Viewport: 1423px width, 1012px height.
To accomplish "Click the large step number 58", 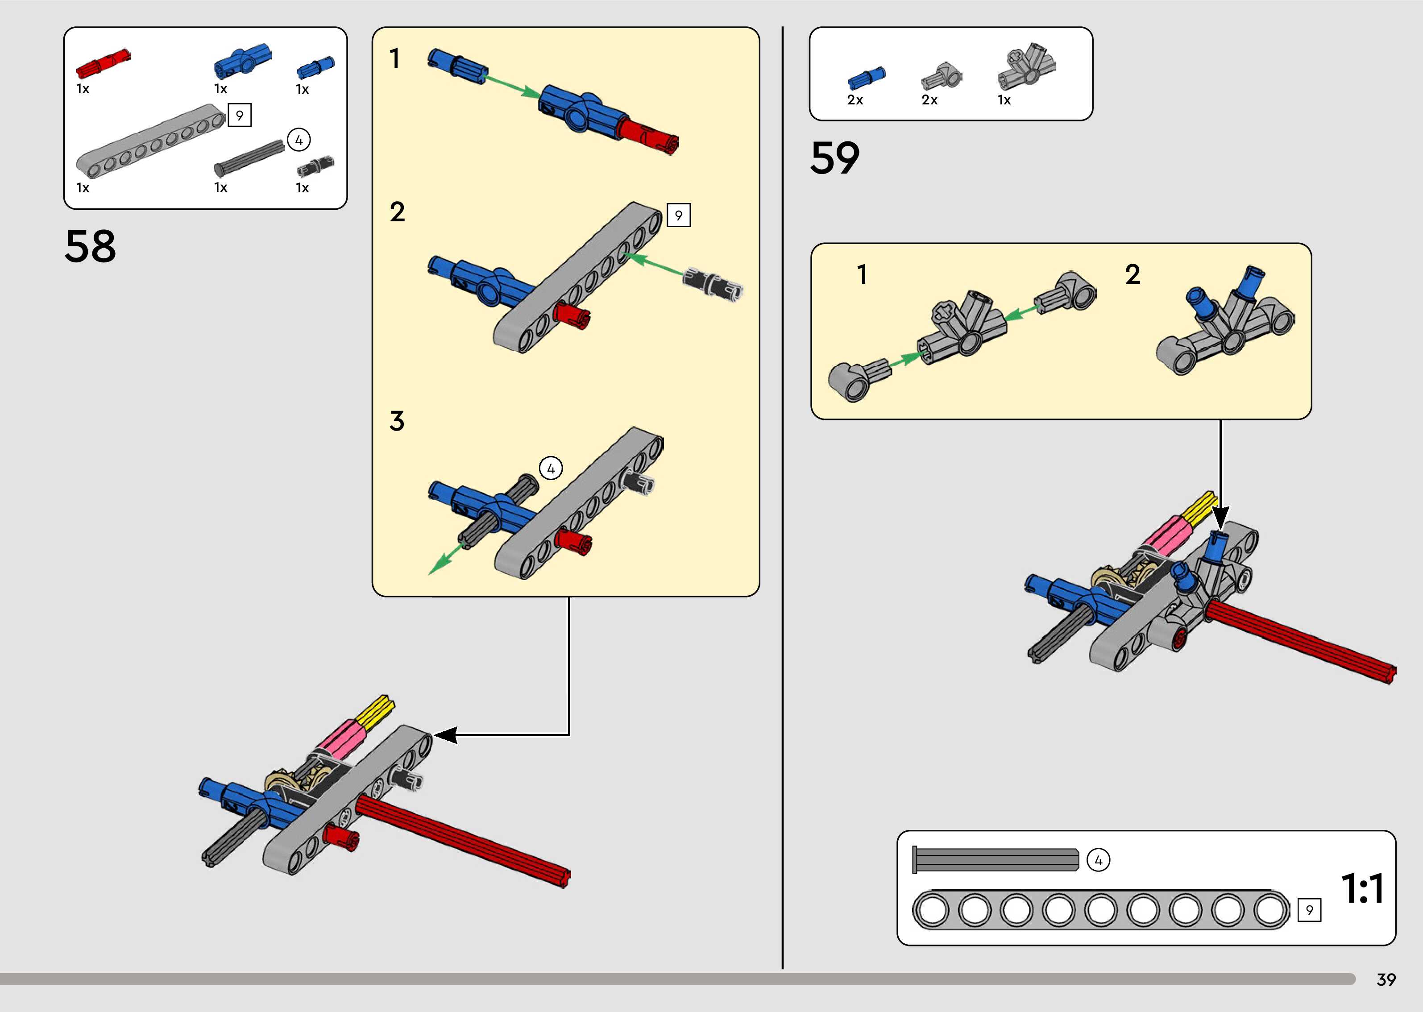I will coord(90,246).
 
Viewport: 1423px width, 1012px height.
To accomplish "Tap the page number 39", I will coord(1386,979).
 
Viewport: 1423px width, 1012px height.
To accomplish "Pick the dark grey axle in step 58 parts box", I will coord(249,158).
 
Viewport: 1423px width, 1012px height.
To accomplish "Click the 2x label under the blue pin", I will coord(855,100).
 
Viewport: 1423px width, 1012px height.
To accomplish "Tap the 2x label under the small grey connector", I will coord(929,100).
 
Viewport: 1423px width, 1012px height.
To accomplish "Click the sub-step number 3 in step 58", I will coord(397,421).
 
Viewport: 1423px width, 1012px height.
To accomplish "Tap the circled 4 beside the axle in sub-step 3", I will coord(551,468).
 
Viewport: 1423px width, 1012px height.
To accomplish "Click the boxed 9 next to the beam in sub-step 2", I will coord(678,216).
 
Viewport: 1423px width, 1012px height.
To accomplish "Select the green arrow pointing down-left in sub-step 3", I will coord(445,559).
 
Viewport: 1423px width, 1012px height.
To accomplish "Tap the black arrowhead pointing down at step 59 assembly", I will coord(1220,517).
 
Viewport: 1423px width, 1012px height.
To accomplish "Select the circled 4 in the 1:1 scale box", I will coord(1098,861).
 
